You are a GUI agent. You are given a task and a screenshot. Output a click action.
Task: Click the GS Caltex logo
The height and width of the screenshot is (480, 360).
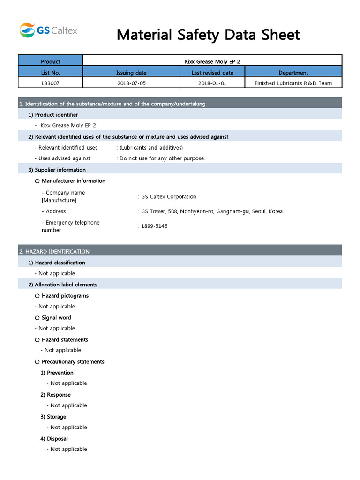[48, 30]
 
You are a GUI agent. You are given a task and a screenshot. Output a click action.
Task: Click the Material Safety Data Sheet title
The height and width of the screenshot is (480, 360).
[208, 35]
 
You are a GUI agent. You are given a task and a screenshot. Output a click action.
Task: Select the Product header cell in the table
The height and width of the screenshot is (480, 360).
[51, 61]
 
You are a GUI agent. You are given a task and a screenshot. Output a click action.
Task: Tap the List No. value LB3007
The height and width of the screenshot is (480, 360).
[51, 83]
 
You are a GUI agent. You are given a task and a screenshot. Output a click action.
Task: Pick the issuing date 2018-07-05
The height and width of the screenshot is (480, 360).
[131, 83]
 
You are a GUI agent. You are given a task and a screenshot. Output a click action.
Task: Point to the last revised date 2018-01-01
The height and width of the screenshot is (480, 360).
[212, 83]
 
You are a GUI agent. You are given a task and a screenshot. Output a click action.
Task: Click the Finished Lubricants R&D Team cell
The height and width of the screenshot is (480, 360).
[293, 83]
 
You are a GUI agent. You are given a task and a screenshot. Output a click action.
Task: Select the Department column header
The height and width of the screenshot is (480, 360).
[293, 73]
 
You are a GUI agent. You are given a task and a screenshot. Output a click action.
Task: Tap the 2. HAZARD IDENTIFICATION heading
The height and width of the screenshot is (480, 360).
[54, 252]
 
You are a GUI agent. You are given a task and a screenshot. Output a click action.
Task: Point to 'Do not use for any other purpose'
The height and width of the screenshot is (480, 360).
[162, 158]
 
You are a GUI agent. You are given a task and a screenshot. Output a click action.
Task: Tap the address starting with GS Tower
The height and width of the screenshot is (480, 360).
[212, 211]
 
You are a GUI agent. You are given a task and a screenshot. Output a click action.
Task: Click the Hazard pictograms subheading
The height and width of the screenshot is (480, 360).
[65, 296]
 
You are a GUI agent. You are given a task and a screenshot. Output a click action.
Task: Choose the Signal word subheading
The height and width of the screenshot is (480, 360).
[56, 318]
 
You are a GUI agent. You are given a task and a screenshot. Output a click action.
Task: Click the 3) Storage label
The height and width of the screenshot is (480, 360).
[53, 417]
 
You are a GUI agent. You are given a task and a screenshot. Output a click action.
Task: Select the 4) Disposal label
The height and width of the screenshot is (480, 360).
[54, 439]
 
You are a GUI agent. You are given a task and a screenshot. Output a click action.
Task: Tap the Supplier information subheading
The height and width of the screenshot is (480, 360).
[60, 170]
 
